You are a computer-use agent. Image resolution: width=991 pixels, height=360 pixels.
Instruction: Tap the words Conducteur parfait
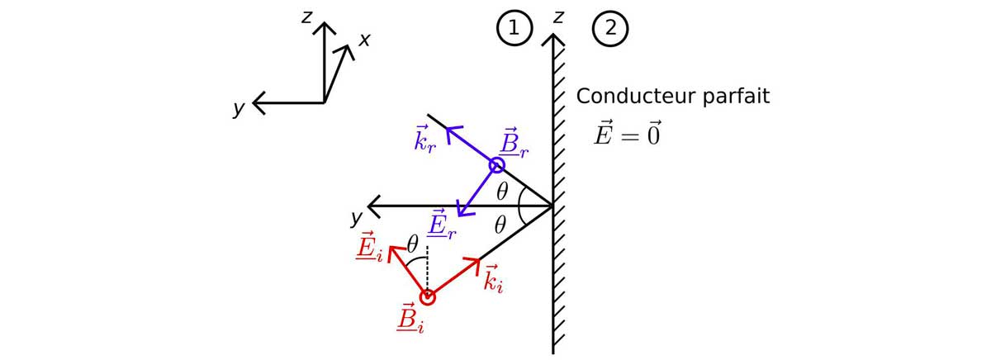pyautogui.click(x=672, y=96)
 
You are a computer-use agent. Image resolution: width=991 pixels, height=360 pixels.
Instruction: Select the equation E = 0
pyautogui.click(x=627, y=133)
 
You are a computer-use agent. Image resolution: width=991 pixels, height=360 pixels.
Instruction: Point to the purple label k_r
pyautogui.click(x=425, y=140)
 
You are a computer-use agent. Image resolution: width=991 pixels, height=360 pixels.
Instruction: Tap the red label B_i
pyautogui.click(x=410, y=319)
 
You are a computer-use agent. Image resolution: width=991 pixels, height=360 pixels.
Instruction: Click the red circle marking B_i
pyautogui.click(x=427, y=297)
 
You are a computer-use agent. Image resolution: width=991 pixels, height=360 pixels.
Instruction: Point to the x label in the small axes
pyautogui.click(x=363, y=40)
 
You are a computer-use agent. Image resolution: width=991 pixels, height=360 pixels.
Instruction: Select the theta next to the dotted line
pyautogui.click(x=413, y=244)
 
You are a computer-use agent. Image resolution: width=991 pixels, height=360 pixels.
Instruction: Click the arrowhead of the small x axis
pyautogui.click(x=347, y=50)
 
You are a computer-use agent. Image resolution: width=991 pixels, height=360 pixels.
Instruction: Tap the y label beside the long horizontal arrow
pyautogui.click(x=356, y=218)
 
